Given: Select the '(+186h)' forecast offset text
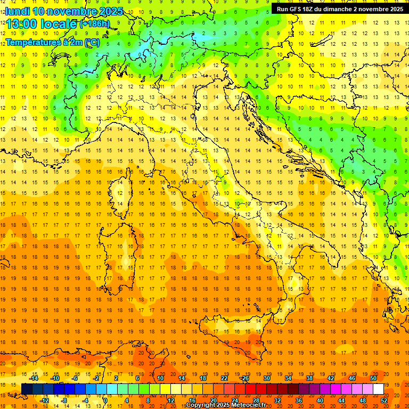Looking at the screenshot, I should (x=95, y=23).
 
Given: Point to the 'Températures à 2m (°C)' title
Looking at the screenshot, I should (x=53, y=42).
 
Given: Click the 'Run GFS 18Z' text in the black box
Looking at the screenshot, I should (x=296, y=9).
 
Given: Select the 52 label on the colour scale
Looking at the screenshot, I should (x=384, y=400).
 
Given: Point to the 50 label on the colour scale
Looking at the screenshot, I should (x=373, y=378).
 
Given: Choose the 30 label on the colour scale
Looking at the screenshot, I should (x=266, y=378).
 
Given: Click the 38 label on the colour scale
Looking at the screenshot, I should (x=309, y=378).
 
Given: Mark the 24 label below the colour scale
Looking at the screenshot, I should (x=234, y=400).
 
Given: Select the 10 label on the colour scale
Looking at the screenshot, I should (x=160, y=378).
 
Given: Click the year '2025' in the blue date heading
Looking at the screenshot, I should (x=111, y=11).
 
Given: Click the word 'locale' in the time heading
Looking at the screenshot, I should (x=60, y=24).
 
